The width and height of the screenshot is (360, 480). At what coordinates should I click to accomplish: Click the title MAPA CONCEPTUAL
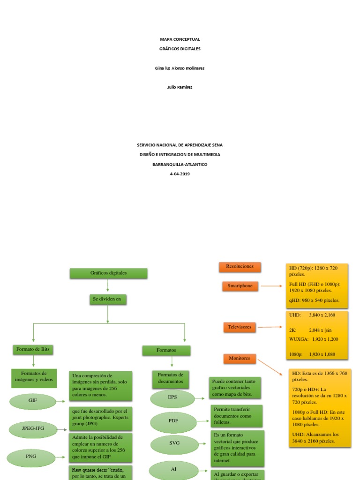(180, 39)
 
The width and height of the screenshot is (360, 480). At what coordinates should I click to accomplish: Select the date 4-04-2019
(180, 174)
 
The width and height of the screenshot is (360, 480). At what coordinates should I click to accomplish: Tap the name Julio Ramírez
(180, 87)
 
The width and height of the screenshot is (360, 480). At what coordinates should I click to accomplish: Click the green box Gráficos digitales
(108, 273)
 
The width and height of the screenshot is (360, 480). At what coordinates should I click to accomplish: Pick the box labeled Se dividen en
(108, 299)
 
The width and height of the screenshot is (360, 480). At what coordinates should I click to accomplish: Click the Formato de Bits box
(33, 350)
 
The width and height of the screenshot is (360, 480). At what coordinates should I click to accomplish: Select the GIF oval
(33, 401)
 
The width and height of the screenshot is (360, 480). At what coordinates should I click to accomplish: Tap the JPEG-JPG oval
(33, 428)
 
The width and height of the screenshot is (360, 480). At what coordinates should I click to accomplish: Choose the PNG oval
(31, 456)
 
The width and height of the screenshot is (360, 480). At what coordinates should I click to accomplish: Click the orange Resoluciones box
(240, 267)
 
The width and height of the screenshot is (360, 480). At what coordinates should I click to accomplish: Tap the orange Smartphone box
(240, 286)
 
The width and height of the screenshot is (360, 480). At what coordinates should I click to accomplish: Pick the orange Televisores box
(240, 327)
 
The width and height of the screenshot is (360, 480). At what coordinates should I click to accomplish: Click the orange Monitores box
(240, 359)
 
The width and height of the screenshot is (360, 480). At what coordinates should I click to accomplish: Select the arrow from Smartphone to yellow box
(271, 285)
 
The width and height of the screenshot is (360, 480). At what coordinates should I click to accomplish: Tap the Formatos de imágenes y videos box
(34, 378)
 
